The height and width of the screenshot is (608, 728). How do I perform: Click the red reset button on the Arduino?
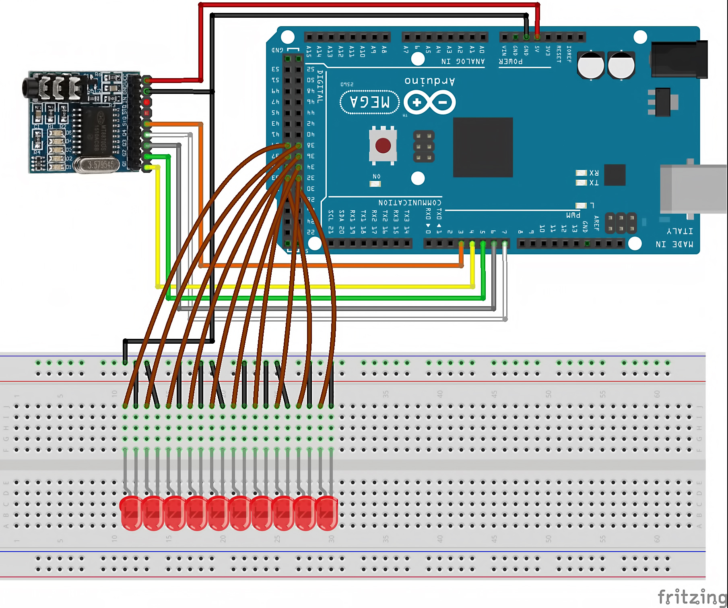[x=383, y=145]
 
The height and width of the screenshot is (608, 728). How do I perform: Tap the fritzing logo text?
[x=692, y=597]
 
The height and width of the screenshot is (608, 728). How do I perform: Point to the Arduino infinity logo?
[x=429, y=102]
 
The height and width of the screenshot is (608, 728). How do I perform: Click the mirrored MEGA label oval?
[x=369, y=102]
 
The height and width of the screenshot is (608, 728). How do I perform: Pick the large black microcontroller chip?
[x=483, y=147]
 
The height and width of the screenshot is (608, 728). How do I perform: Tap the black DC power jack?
[x=679, y=59]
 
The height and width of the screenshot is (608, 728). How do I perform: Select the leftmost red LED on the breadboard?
[x=131, y=513]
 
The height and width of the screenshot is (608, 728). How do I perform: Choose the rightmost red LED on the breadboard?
[x=327, y=513]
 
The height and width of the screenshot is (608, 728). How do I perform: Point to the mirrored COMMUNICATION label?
[x=410, y=202]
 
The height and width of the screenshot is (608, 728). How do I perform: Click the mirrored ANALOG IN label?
[x=463, y=62]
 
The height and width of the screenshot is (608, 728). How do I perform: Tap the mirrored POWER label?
[x=511, y=62]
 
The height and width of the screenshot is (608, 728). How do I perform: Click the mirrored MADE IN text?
[x=674, y=244]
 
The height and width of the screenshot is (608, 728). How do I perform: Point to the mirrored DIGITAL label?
[x=320, y=87]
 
